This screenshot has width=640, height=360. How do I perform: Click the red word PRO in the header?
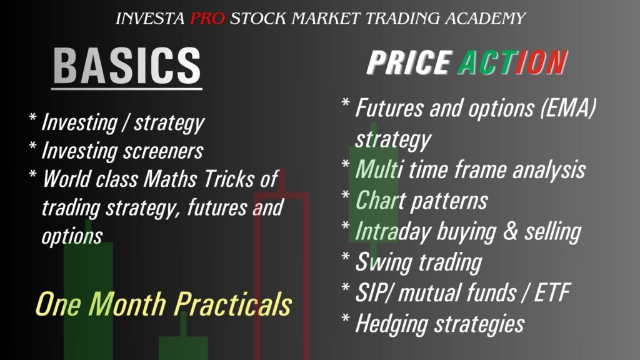click(x=207, y=18)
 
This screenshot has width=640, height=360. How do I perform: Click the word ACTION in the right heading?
click(x=512, y=62)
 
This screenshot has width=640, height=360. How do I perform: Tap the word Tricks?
click(x=229, y=179)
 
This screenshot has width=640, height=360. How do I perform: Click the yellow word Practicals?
click(x=233, y=304)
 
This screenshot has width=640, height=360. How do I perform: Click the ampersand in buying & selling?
click(x=510, y=231)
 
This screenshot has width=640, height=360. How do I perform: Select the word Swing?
click(x=384, y=262)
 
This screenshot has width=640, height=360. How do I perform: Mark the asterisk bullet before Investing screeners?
click(x=32, y=146)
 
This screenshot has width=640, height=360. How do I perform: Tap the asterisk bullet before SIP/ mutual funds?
click(x=345, y=287)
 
